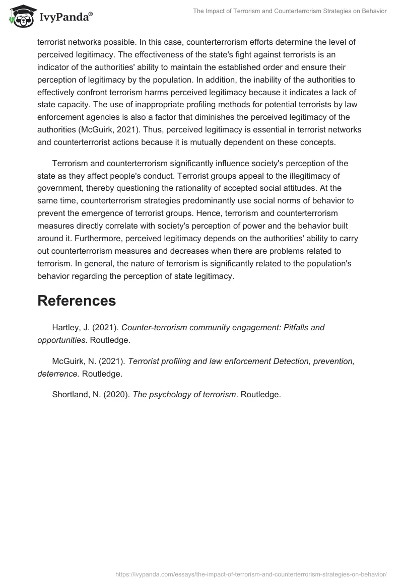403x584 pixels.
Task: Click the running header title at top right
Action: pos(290,11)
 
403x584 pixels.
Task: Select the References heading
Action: pos(77,301)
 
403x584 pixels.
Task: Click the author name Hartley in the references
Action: pos(67,328)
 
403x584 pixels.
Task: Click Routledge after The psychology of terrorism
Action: pos(260,395)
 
